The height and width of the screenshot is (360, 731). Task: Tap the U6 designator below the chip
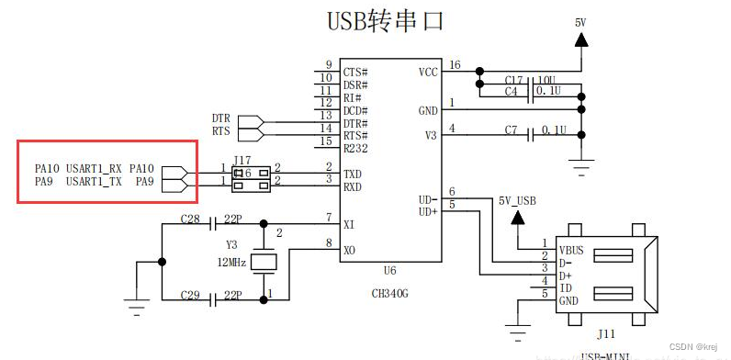pos(390,273)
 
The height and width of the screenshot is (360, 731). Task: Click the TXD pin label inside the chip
pos(354,173)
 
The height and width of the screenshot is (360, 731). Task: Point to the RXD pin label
pos(354,186)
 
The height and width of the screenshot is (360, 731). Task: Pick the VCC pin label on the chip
pos(428,71)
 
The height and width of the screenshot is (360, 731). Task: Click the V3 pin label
pos(430,135)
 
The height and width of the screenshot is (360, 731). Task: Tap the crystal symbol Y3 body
pos(264,261)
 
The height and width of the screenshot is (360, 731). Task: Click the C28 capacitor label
pos(190,221)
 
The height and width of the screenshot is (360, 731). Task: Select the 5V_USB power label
pos(518,199)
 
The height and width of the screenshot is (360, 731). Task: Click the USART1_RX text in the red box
pos(95,169)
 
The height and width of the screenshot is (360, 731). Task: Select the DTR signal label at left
pos(220,118)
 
